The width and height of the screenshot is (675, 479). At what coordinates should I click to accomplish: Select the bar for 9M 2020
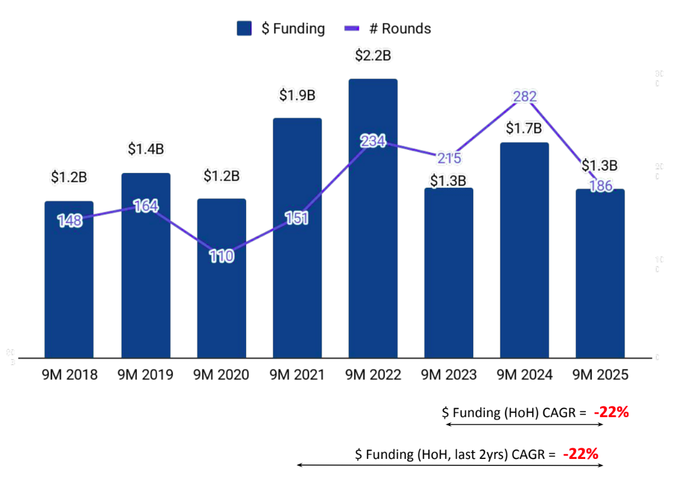(x=221, y=295)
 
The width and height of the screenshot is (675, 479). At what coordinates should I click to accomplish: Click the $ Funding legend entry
(x=281, y=28)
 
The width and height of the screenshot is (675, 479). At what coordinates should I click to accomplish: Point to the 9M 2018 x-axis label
(x=70, y=375)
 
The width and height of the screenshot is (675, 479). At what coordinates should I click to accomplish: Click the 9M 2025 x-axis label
(x=600, y=375)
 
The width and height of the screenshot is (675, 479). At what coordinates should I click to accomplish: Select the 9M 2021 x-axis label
(x=297, y=375)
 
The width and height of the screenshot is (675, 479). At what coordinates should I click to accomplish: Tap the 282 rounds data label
(x=525, y=97)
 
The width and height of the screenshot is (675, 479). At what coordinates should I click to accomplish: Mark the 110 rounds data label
(x=221, y=257)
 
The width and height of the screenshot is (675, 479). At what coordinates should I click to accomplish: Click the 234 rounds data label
(x=373, y=142)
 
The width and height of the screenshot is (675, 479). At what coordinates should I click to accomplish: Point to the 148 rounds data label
(x=70, y=221)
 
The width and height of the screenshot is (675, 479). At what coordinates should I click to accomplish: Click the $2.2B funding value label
(x=373, y=56)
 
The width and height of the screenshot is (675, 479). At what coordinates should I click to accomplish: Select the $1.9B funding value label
(x=297, y=95)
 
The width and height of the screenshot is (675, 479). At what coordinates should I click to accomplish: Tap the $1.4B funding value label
(x=146, y=149)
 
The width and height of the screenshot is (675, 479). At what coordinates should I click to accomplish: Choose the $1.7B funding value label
(x=525, y=128)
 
